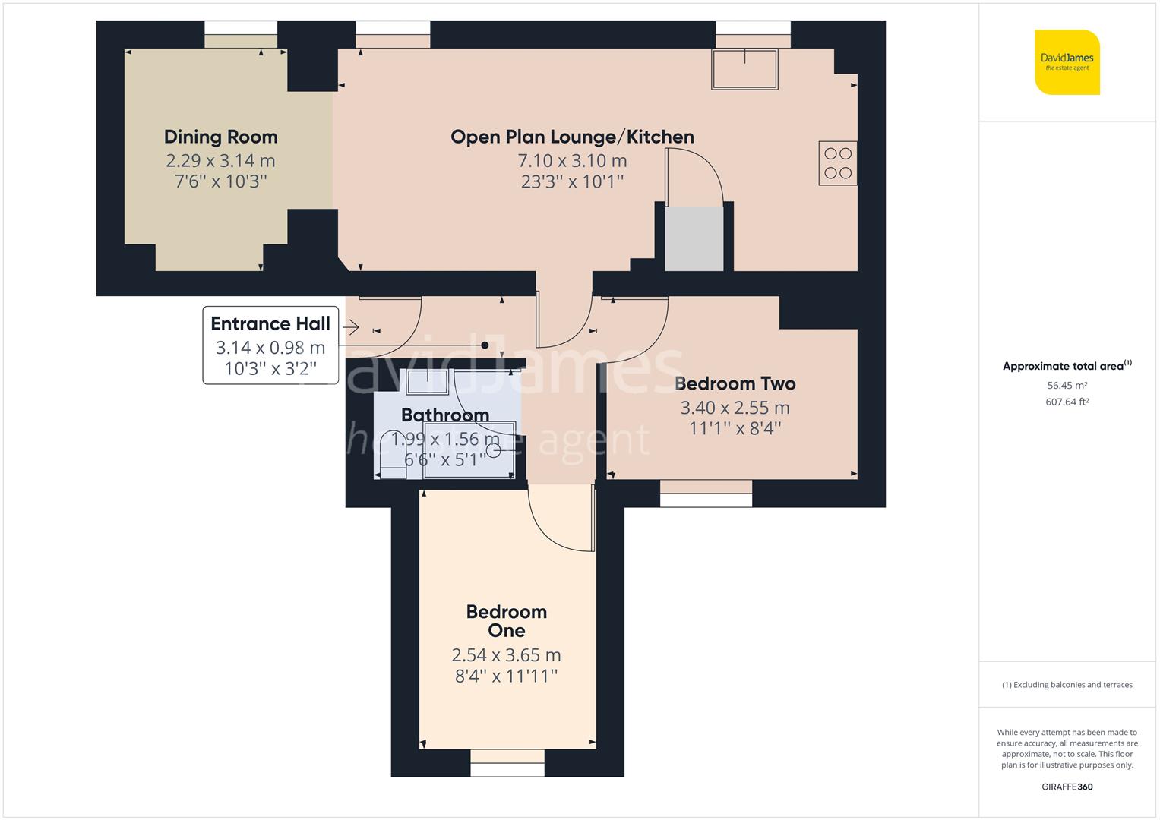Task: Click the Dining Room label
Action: (x=220, y=137)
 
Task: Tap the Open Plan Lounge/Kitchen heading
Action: (x=572, y=137)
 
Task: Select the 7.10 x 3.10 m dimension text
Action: (x=572, y=160)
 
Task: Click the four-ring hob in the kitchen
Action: (x=837, y=162)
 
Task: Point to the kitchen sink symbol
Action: (x=744, y=69)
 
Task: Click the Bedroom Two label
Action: (x=735, y=383)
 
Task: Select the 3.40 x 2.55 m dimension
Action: (x=735, y=408)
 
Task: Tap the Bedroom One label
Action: (x=506, y=621)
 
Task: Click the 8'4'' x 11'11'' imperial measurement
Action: (x=506, y=676)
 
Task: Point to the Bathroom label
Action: (x=445, y=415)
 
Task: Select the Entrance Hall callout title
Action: (x=270, y=323)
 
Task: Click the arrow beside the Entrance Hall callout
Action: (x=350, y=327)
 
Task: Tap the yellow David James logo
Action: (x=1067, y=62)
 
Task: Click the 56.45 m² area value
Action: (x=1067, y=385)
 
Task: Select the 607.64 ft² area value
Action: (x=1067, y=402)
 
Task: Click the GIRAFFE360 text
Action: (x=1067, y=787)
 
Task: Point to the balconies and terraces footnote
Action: (x=1067, y=684)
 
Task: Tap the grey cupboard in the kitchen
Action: (x=694, y=238)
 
